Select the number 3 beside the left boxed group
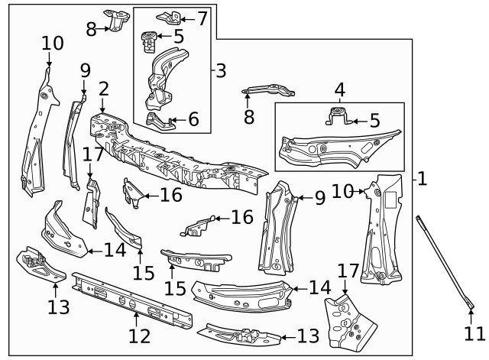point(221,71)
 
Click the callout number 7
point(202,16)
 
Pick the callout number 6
point(193,119)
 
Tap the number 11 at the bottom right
point(474,334)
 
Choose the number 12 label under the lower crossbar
point(140,335)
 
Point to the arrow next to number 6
point(176,120)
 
